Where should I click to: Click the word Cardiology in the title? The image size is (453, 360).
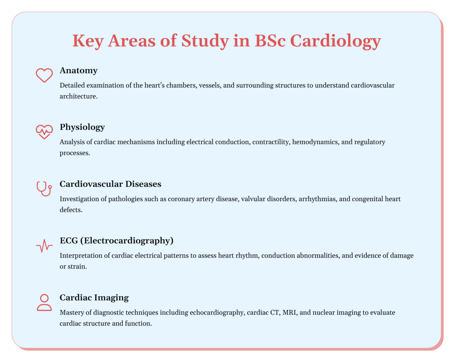point(336,41)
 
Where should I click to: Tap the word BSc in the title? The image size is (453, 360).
point(270,41)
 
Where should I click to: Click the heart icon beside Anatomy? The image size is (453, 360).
point(44,75)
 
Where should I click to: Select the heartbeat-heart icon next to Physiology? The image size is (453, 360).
point(44,131)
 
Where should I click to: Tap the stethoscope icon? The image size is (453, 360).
point(44,189)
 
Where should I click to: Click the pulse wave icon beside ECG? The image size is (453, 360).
point(44,246)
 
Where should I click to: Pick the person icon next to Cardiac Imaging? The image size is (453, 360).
point(44,303)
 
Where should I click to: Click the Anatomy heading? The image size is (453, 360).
point(78,70)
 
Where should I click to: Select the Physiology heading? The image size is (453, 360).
point(82,127)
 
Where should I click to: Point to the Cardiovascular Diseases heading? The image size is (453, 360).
point(110,184)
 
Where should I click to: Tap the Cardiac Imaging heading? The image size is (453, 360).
point(94,297)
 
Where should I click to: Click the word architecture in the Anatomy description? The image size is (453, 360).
point(78,96)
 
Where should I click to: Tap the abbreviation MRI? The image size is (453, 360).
point(289,313)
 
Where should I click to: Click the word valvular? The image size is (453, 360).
point(253,199)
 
